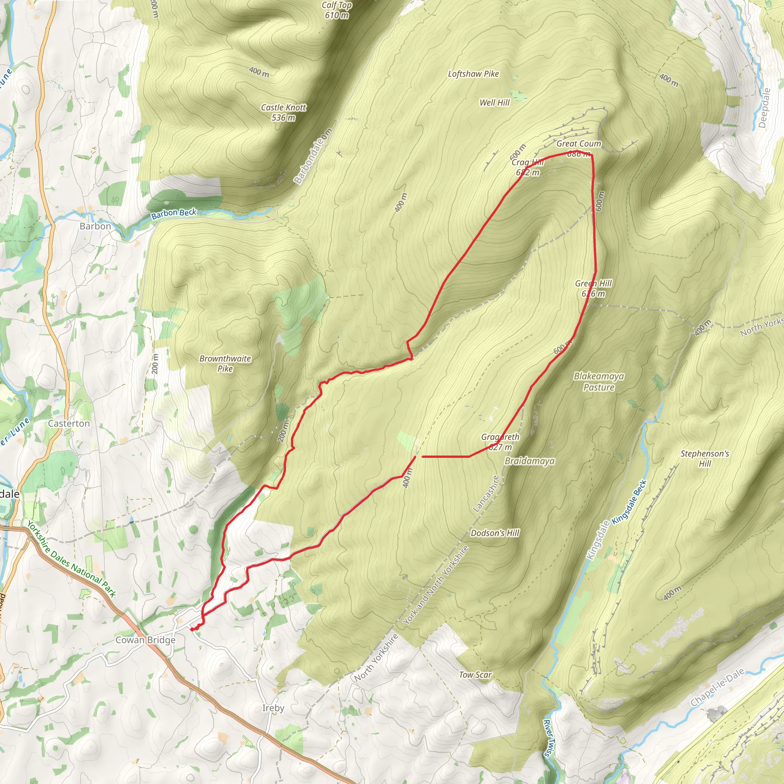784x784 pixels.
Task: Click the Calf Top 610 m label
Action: coord(336,10)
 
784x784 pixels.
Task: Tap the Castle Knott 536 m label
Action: coord(283,113)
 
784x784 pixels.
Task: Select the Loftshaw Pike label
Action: coord(473,74)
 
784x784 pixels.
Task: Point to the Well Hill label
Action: coord(494,103)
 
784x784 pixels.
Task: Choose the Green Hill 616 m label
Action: coord(593,289)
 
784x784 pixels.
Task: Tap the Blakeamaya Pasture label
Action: coord(599,381)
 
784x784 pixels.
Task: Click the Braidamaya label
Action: coord(529,461)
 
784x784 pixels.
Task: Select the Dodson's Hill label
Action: coord(495,533)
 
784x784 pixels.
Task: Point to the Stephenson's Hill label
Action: coord(704,459)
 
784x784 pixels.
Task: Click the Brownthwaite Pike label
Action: coord(225,364)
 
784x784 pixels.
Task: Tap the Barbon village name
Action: coord(95,227)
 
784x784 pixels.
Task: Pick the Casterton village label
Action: coord(69,423)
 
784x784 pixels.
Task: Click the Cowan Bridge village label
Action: coord(146,640)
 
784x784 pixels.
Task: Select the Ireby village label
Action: coord(273,708)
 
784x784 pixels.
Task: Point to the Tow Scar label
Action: coord(475,675)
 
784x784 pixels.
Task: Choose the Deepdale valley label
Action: coord(764,108)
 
